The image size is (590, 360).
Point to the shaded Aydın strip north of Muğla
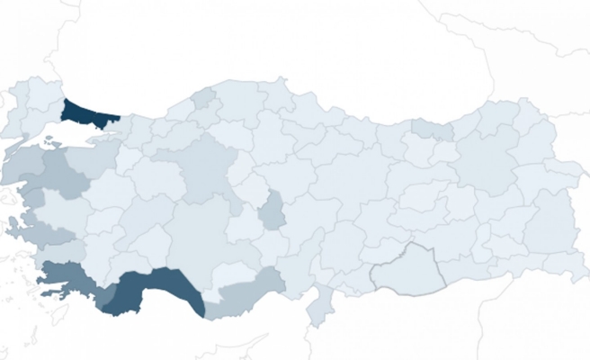[49, 236]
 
